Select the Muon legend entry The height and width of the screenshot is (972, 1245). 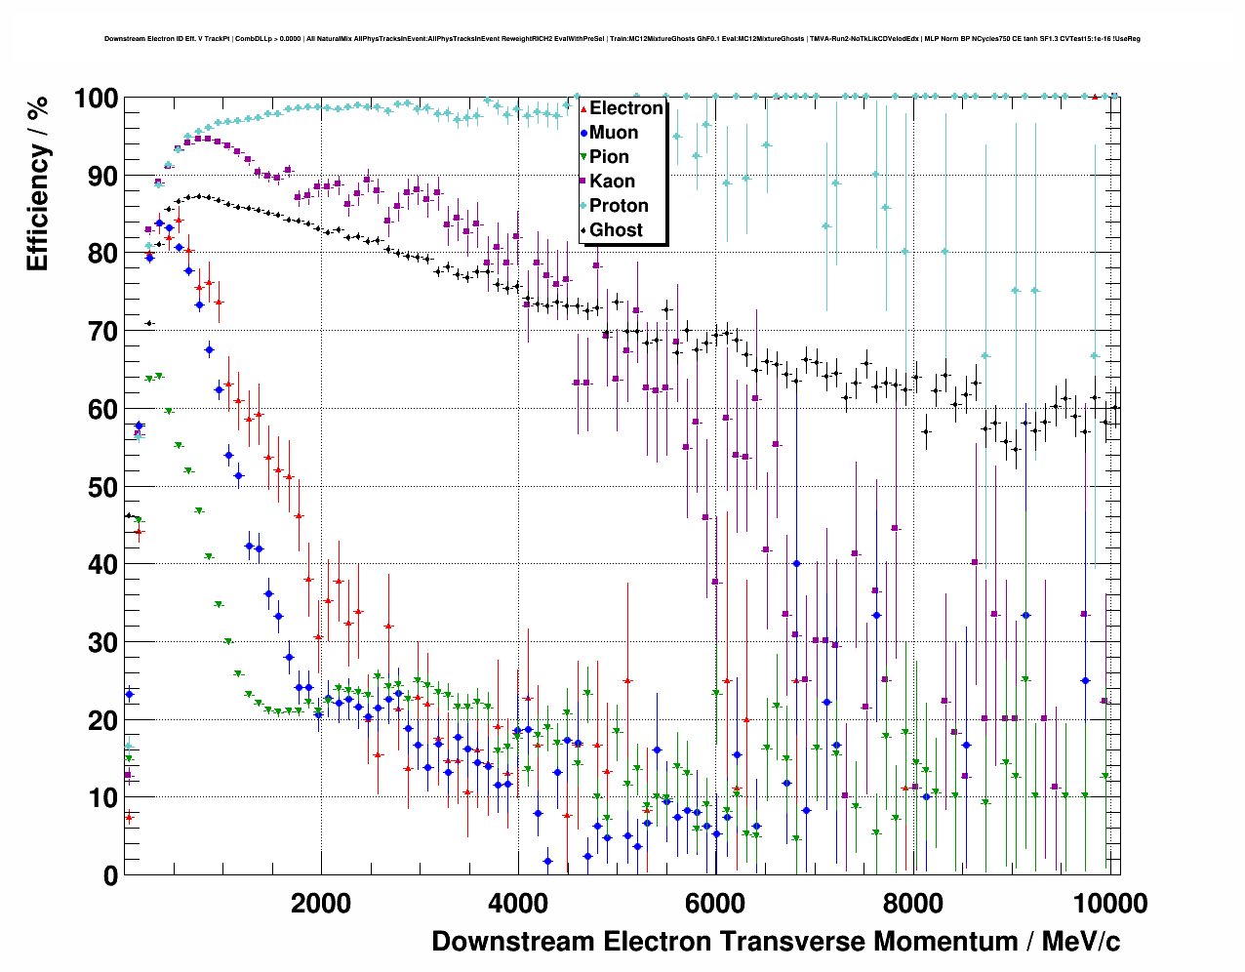tap(614, 133)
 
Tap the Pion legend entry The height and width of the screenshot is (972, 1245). tap(609, 157)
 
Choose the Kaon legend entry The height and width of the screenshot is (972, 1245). tap(612, 182)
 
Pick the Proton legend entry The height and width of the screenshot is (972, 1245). tap(619, 206)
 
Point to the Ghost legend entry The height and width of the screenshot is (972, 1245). tap(616, 230)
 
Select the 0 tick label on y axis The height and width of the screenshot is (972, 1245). tap(111, 875)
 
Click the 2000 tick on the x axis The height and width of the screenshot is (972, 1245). tap(321, 903)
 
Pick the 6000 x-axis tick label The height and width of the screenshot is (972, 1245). tap(715, 903)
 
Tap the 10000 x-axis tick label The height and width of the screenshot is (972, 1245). tap(1109, 903)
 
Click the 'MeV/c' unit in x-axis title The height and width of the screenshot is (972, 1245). tap(1081, 942)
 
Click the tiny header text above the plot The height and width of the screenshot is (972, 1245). tap(622, 39)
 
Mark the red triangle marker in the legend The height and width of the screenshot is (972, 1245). tap(583, 108)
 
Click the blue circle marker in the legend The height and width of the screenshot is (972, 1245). tap(583, 133)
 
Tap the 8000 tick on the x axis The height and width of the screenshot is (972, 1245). tap(912, 903)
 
